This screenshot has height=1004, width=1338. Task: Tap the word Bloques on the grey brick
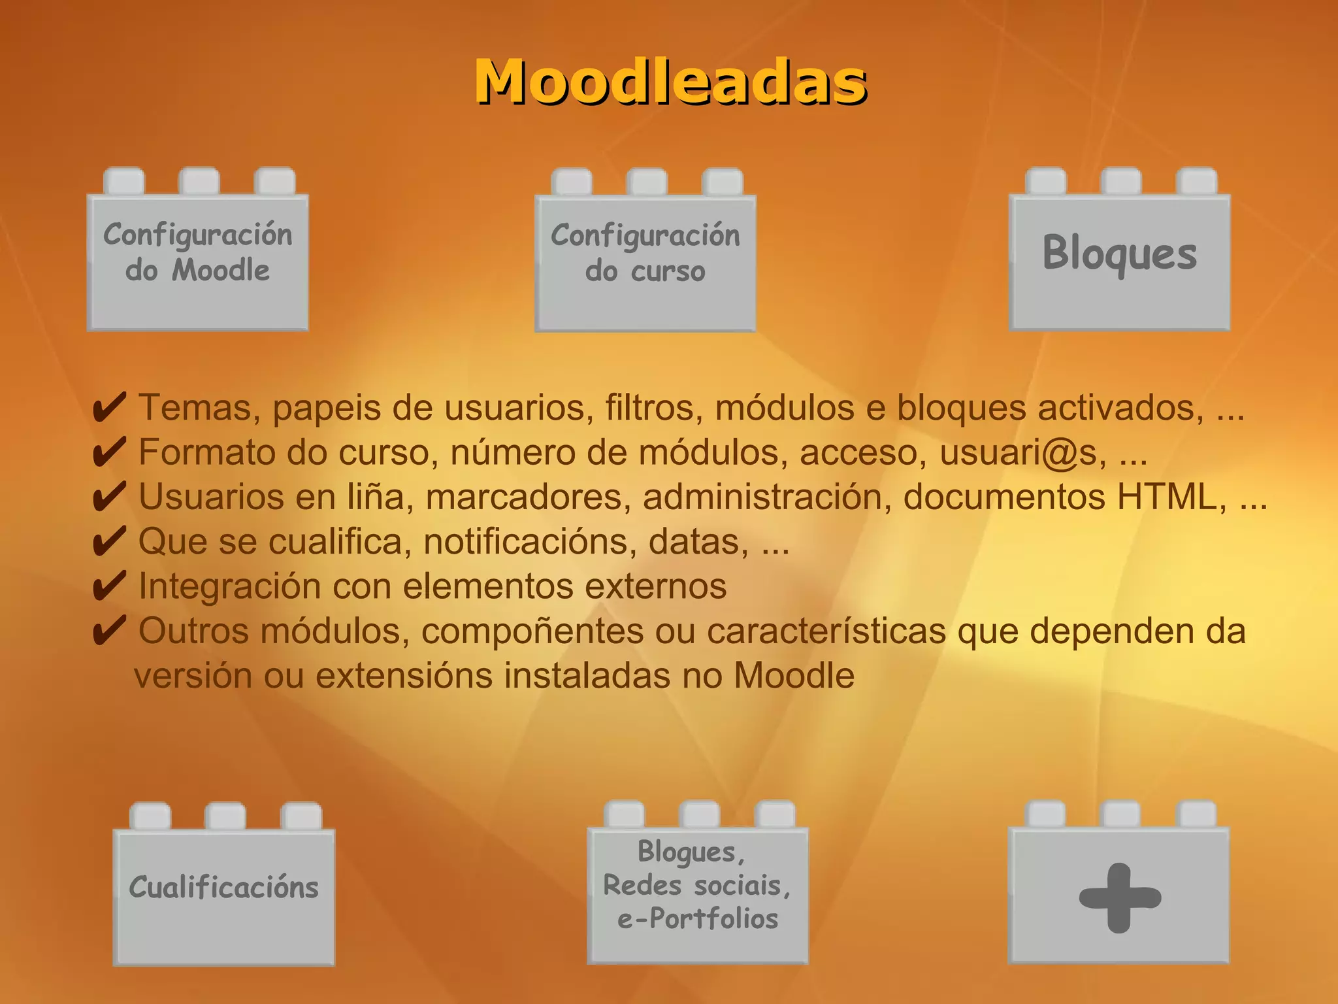(1120, 254)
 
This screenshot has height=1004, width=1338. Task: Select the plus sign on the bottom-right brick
(1120, 897)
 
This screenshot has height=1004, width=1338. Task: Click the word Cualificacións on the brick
(223, 888)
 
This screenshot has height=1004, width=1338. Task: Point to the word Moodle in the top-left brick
(221, 271)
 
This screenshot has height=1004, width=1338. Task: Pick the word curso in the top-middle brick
(668, 271)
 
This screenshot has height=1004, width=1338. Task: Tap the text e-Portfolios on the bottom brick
(698, 919)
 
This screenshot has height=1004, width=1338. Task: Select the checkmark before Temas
(109, 409)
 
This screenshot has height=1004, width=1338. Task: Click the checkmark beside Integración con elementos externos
(109, 586)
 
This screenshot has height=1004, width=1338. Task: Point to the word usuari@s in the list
(1023, 453)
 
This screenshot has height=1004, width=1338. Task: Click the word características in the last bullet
(826, 631)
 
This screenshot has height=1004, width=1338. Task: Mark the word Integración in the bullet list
(229, 586)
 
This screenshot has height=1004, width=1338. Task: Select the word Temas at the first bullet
(195, 408)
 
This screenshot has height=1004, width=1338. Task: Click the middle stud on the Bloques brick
(1120, 181)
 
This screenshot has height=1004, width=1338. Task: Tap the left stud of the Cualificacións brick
(150, 816)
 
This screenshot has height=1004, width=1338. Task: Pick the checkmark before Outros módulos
(109, 631)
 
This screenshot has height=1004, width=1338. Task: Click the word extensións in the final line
(404, 676)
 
